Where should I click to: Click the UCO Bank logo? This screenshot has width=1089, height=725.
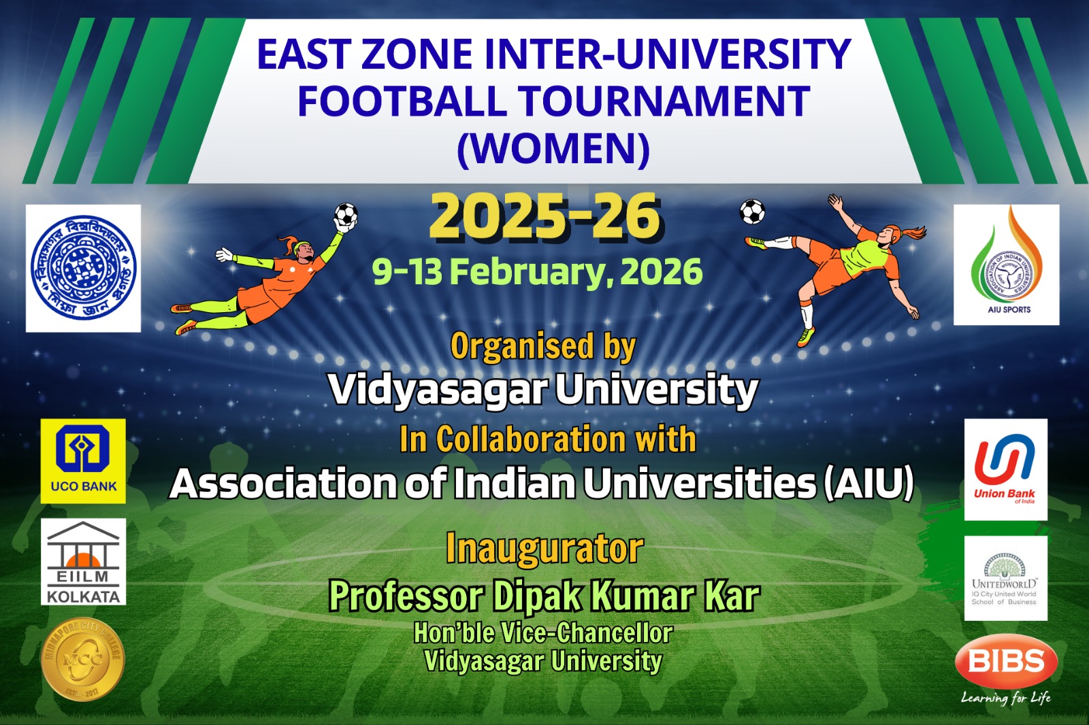pyautogui.click(x=83, y=460)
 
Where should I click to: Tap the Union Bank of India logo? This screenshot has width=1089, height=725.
pyautogui.click(x=1005, y=469)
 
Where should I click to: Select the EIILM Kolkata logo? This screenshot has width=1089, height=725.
pyautogui.click(x=83, y=562)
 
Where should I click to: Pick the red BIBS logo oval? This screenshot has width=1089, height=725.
pyautogui.click(x=1006, y=661)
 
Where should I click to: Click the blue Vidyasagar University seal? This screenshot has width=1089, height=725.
pyautogui.click(x=83, y=268)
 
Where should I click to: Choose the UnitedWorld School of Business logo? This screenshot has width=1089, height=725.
pyautogui.click(x=1005, y=578)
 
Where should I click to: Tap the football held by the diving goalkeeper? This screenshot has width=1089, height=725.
pyautogui.click(x=346, y=215)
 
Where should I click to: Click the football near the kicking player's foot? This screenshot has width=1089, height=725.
pyautogui.click(x=752, y=212)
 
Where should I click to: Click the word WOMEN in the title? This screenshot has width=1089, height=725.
pyautogui.click(x=553, y=149)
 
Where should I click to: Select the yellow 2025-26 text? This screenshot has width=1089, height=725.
pyautogui.click(x=544, y=217)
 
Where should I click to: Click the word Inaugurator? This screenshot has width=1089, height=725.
pyautogui.click(x=544, y=549)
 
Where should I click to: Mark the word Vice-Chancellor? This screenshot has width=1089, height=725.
pyautogui.click(x=587, y=633)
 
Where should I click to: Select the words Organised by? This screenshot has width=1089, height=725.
pyautogui.click(x=543, y=347)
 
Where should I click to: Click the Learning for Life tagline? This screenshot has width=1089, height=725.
pyautogui.click(x=1005, y=698)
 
